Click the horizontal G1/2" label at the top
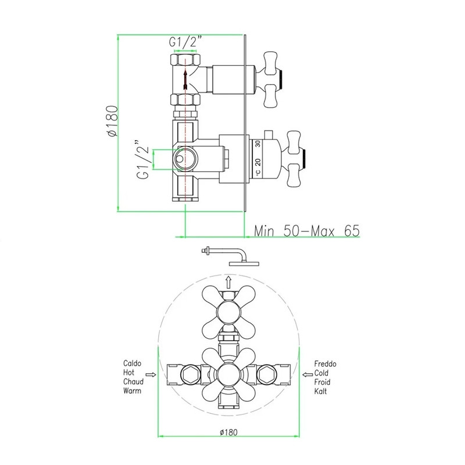pos(185,42)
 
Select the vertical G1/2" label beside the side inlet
pos(143,159)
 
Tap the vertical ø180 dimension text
pos(113,121)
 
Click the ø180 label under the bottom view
pos(228,432)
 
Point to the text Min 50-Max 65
pos(307,231)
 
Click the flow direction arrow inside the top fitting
pos(185,80)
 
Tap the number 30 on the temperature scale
pos(257,144)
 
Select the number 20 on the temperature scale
pos(257,162)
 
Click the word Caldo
pos(133,364)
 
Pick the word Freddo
pos(325,364)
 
